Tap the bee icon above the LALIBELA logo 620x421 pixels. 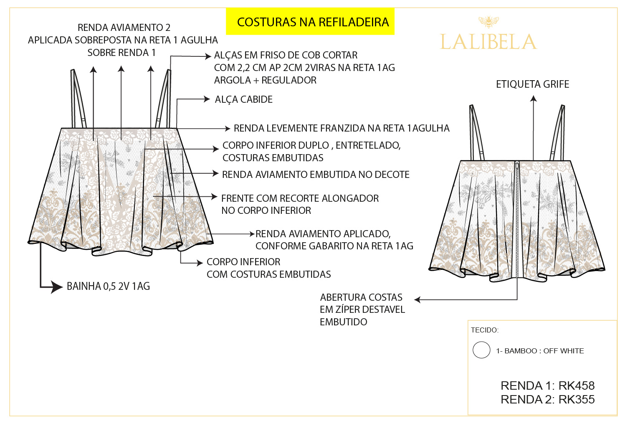pyautogui.click(x=488, y=21)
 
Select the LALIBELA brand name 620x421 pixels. pyautogui.click(x=488, y=42)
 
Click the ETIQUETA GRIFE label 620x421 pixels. pyautogui.click(x=532, y=84)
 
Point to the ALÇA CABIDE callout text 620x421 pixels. pyautogui.click(x=243, y=99)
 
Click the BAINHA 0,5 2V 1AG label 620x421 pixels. pyautogui.click(x=108, y=287)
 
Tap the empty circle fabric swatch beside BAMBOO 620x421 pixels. pyautogui.click(x=481, y=350)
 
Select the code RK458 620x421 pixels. pyautogui.click(x=577, y=385)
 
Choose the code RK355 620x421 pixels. pyautogui.click(x=577, y=400)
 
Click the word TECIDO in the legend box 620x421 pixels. pyautogui.click(x=484, y=330)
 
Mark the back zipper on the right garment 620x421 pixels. pyautogui.click(x=517, y=217)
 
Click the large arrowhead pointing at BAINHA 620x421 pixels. pyautogui.click(x=56, y=287)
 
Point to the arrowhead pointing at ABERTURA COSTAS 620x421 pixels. pyautogui.click(x=418, y=299)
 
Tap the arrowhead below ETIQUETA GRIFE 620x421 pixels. pyautogui.click(x=533, y=99)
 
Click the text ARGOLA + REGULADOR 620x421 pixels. pyautogui.click(x=265, y=80)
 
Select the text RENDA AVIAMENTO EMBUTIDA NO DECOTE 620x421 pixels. pyautogui.click(x=316, y=175)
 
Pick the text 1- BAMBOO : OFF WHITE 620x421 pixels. pyautogui.click(x=540, y=351)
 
